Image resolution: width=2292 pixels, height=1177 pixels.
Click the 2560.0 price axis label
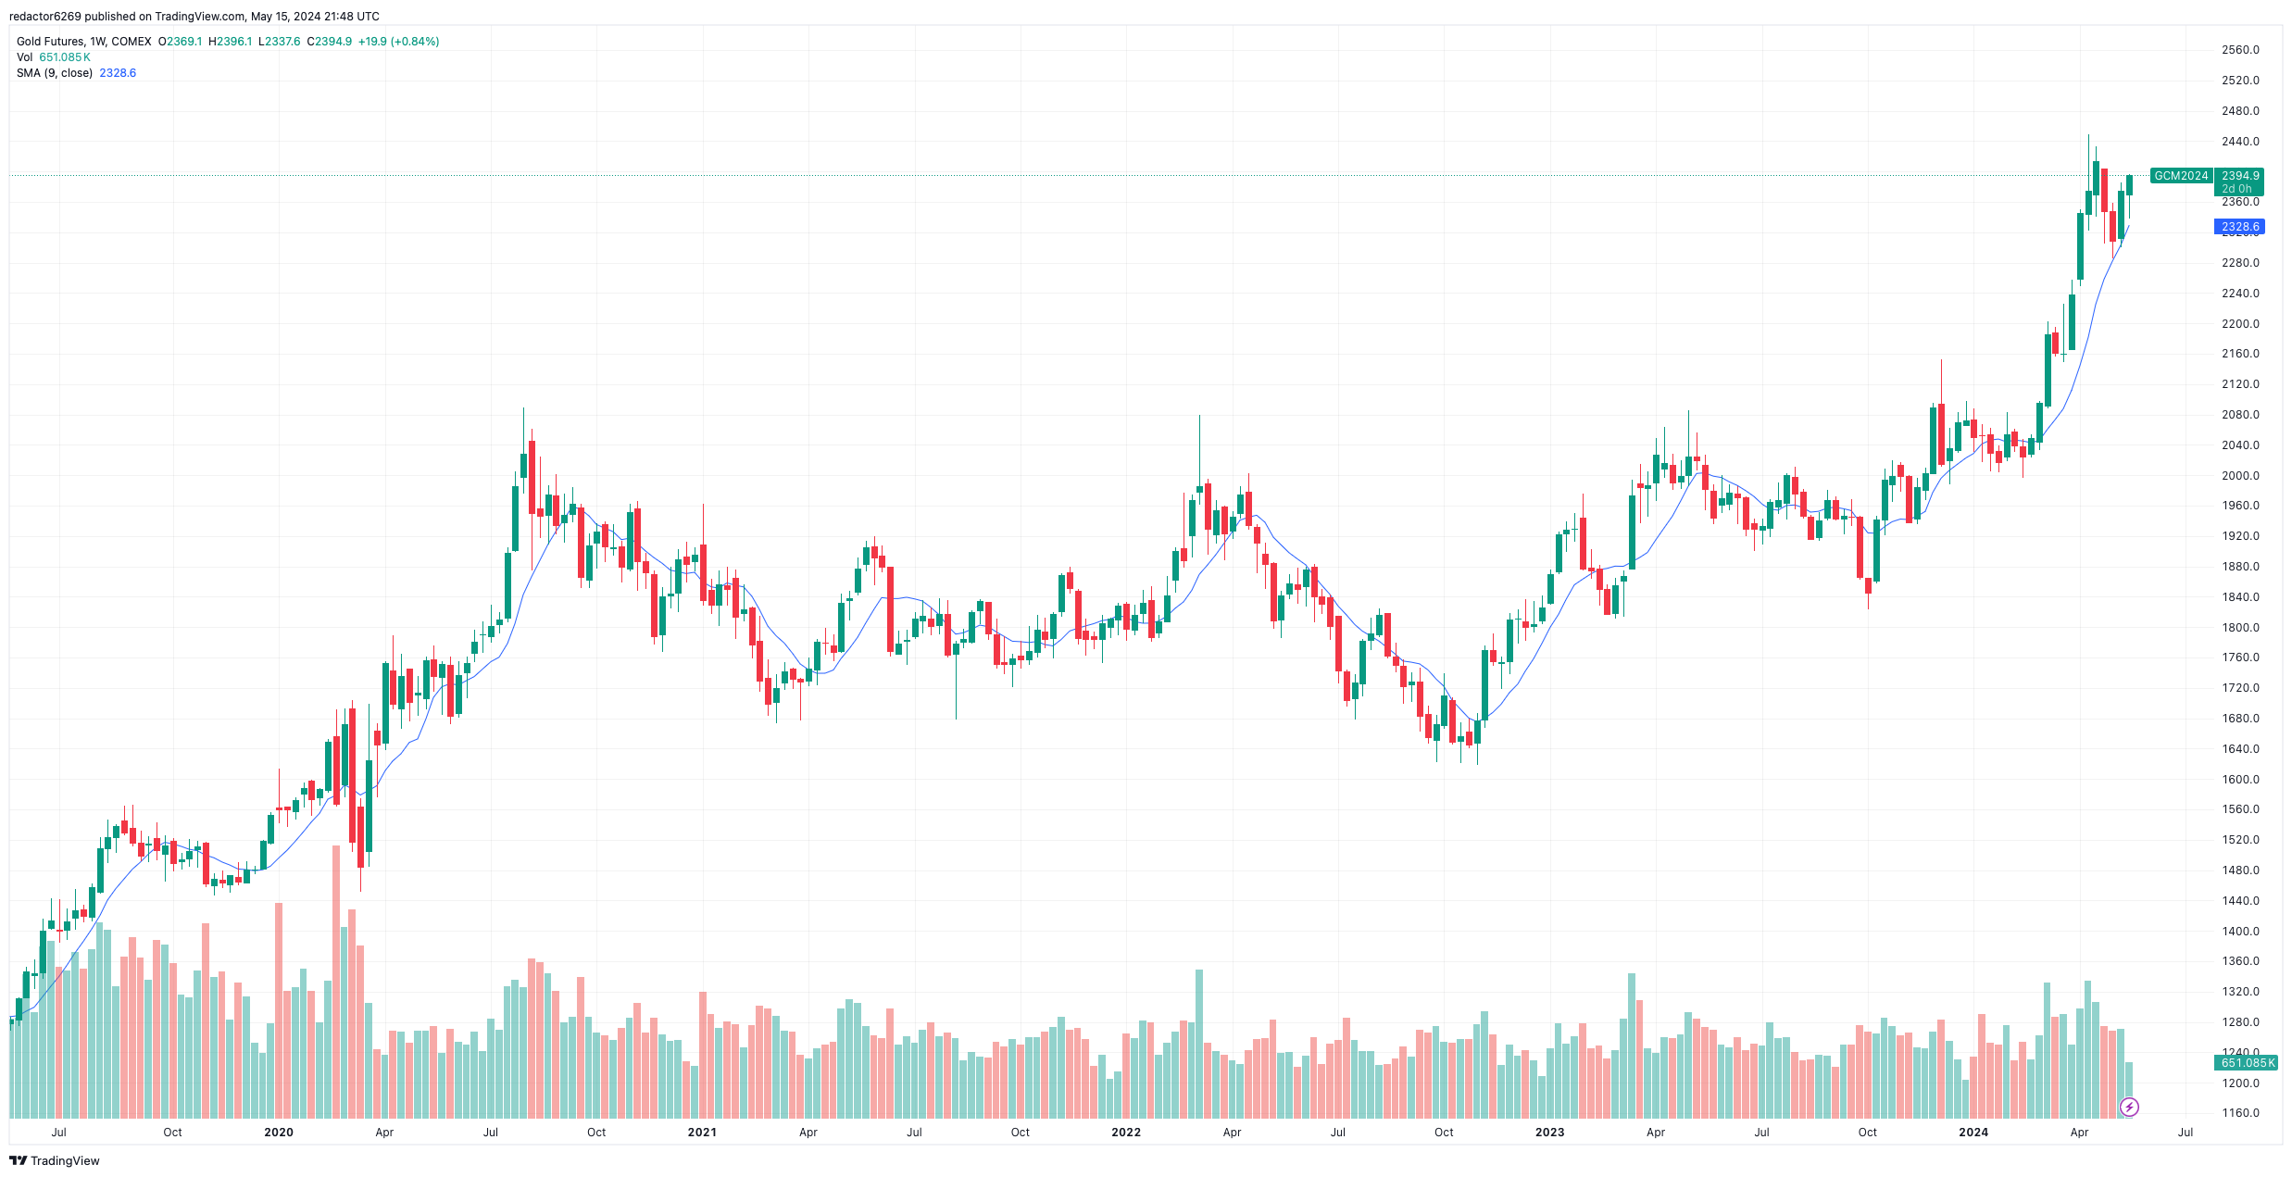(2240, 50)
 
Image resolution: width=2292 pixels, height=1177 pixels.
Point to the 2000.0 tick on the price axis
(2240, 476)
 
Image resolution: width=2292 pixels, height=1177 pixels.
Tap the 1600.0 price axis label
(2240, 780)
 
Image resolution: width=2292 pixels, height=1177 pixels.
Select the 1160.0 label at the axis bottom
(2240, 1113)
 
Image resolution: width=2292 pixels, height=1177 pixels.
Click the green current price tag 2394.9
(2240, 176)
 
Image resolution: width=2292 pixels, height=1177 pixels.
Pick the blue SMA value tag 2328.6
(2240, 227)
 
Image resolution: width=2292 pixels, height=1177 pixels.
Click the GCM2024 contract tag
(2181, 176)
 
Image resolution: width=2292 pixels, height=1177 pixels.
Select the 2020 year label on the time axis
(279, 1133)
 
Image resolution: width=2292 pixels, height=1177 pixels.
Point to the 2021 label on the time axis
(702, 1133)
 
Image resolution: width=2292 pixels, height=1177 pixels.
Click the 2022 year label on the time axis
(1126, 1133)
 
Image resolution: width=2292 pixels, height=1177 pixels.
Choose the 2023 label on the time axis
(1549, 1133)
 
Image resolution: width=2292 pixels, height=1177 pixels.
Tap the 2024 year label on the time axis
(1973, 1133)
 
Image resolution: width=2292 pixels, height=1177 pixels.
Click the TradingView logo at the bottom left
(55, 1161)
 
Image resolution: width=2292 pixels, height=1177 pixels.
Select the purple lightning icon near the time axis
(2130, 1108)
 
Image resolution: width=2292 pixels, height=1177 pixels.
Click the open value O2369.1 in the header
(180, 42)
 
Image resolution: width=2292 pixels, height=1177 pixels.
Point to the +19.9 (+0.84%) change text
(398, 42)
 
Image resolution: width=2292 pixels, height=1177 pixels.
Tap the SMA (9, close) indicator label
(55, 73)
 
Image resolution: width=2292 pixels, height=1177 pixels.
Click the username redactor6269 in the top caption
(45, 17)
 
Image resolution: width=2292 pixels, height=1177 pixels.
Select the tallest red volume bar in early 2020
(336, 982)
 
